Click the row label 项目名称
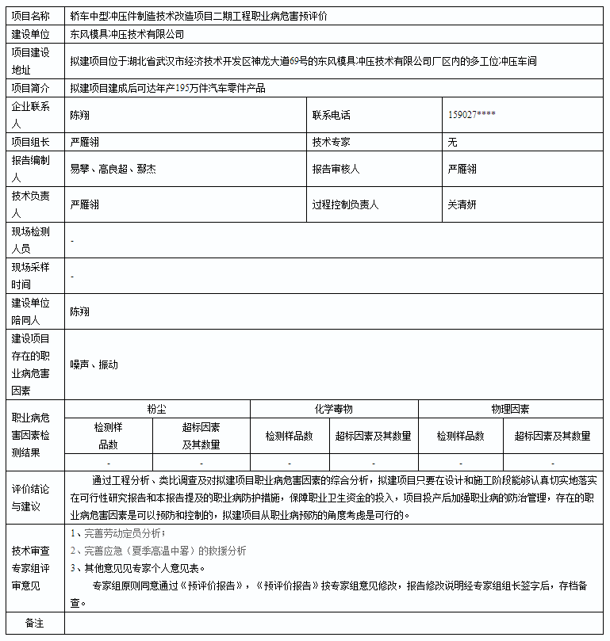point(30,16)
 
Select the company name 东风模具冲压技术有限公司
point(126,35)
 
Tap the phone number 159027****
point(472,115)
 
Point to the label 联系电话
point(331,115)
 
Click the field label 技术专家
point(331,143)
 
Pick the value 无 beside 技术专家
point(452,143)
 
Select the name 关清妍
point(462,204)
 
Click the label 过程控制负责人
point(345,204)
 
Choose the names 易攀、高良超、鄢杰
point(113,169)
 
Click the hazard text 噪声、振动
point(94,364)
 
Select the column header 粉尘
point(156,409)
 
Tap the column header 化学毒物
point(333,409)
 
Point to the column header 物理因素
point(510,409)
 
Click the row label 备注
point(34,624)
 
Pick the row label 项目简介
point(30,88)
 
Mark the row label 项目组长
point(30,143)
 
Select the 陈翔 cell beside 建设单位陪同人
point(79,311)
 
